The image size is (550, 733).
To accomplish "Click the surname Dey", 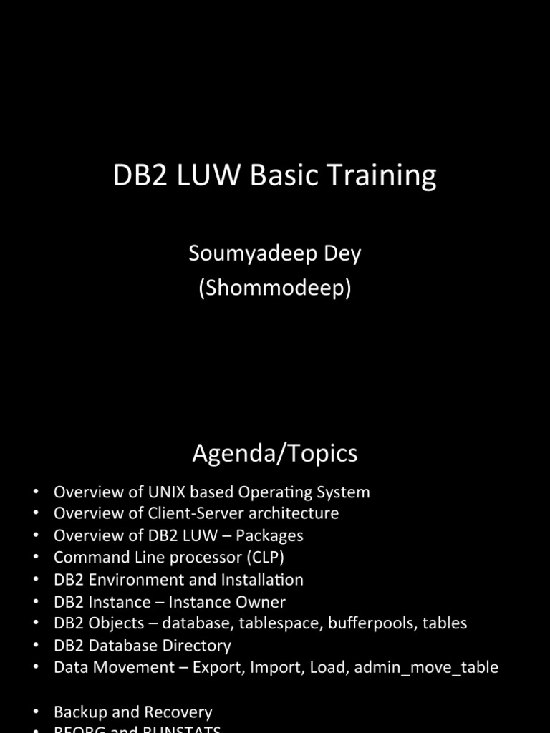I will pyautogui.click(x=344, y=254).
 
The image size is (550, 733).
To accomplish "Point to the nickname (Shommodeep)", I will pyautogui.click(x=275, y=288).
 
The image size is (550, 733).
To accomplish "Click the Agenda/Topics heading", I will pyautogui.click(x=275, y=453).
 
